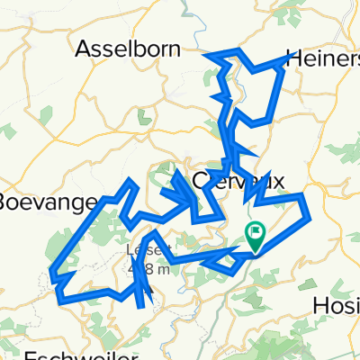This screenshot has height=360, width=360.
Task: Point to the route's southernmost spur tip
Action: [140, 307]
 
